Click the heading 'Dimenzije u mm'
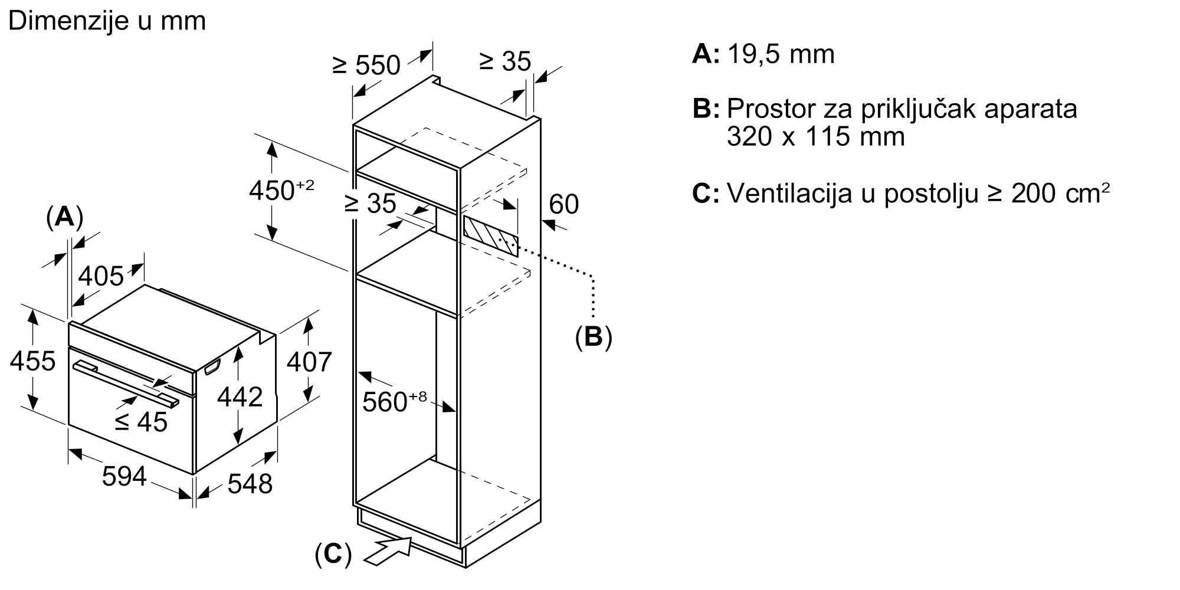point(107,22)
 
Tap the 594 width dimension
point(124,476)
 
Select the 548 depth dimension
point(250,484)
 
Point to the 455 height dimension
point(33,360)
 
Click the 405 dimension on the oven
point(101,276)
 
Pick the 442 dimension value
point(240,397)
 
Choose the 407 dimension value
point(309,362)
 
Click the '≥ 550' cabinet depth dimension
point(366,65)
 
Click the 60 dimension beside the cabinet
point(564,204)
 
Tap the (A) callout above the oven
point(64,218)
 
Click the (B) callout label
point(594,337)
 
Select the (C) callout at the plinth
point(333,555)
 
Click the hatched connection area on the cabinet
point(491,236)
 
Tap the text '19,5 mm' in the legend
point(781,54)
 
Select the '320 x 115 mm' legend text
point(816,137)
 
